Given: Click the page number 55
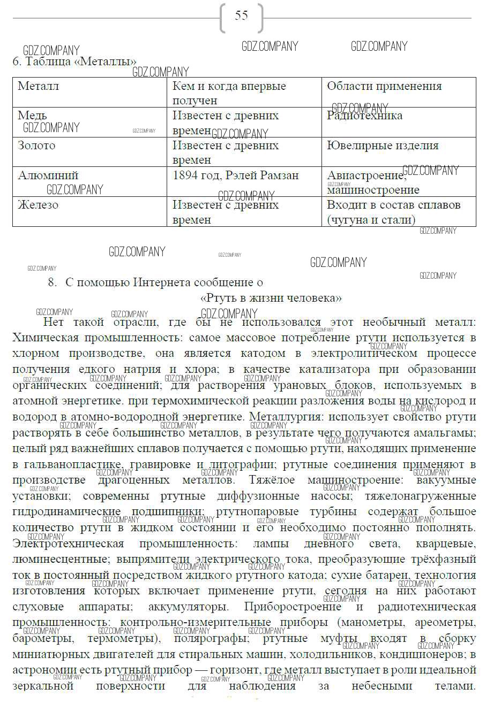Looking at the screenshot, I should point(242,16).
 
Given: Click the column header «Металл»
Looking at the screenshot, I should point(39,86).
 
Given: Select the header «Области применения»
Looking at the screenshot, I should point(384,86).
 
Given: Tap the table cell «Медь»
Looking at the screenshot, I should point(32,116).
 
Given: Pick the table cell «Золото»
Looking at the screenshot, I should point(36,146).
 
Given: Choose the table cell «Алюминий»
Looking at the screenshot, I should point(48,175).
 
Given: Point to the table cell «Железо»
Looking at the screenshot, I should point(38,205).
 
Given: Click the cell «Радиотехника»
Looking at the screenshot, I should point(364,116).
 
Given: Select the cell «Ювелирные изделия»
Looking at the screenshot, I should point(383,146).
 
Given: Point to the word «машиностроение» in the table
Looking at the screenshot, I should point(373,190).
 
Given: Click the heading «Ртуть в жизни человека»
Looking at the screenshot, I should point(271,298).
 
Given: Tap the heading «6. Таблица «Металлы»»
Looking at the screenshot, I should point(74,62).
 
